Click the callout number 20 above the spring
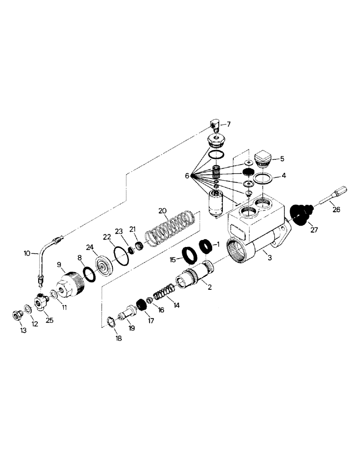pos(162,211)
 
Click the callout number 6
pos(187,176)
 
